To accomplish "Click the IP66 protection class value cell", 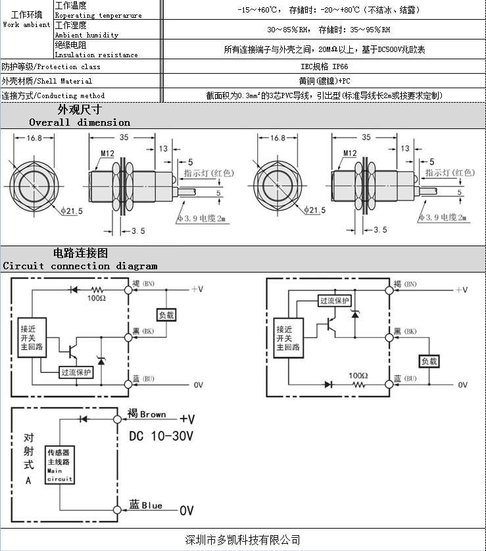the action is (x=324, y=66).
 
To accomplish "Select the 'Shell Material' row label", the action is (x=47, y=81).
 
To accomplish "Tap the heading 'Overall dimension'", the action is (x=80, y=122).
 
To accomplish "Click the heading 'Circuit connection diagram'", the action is (x=80, y=266).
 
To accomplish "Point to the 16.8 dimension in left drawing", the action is (x=34, y=138).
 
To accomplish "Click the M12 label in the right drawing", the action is (x=350, y=153).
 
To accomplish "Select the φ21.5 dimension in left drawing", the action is (x=72, y=211).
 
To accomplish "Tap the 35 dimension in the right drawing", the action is (x=366, y=137).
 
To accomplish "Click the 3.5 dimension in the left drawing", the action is (x=138, y=231).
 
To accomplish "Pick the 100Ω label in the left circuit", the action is (x=97, y=298).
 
